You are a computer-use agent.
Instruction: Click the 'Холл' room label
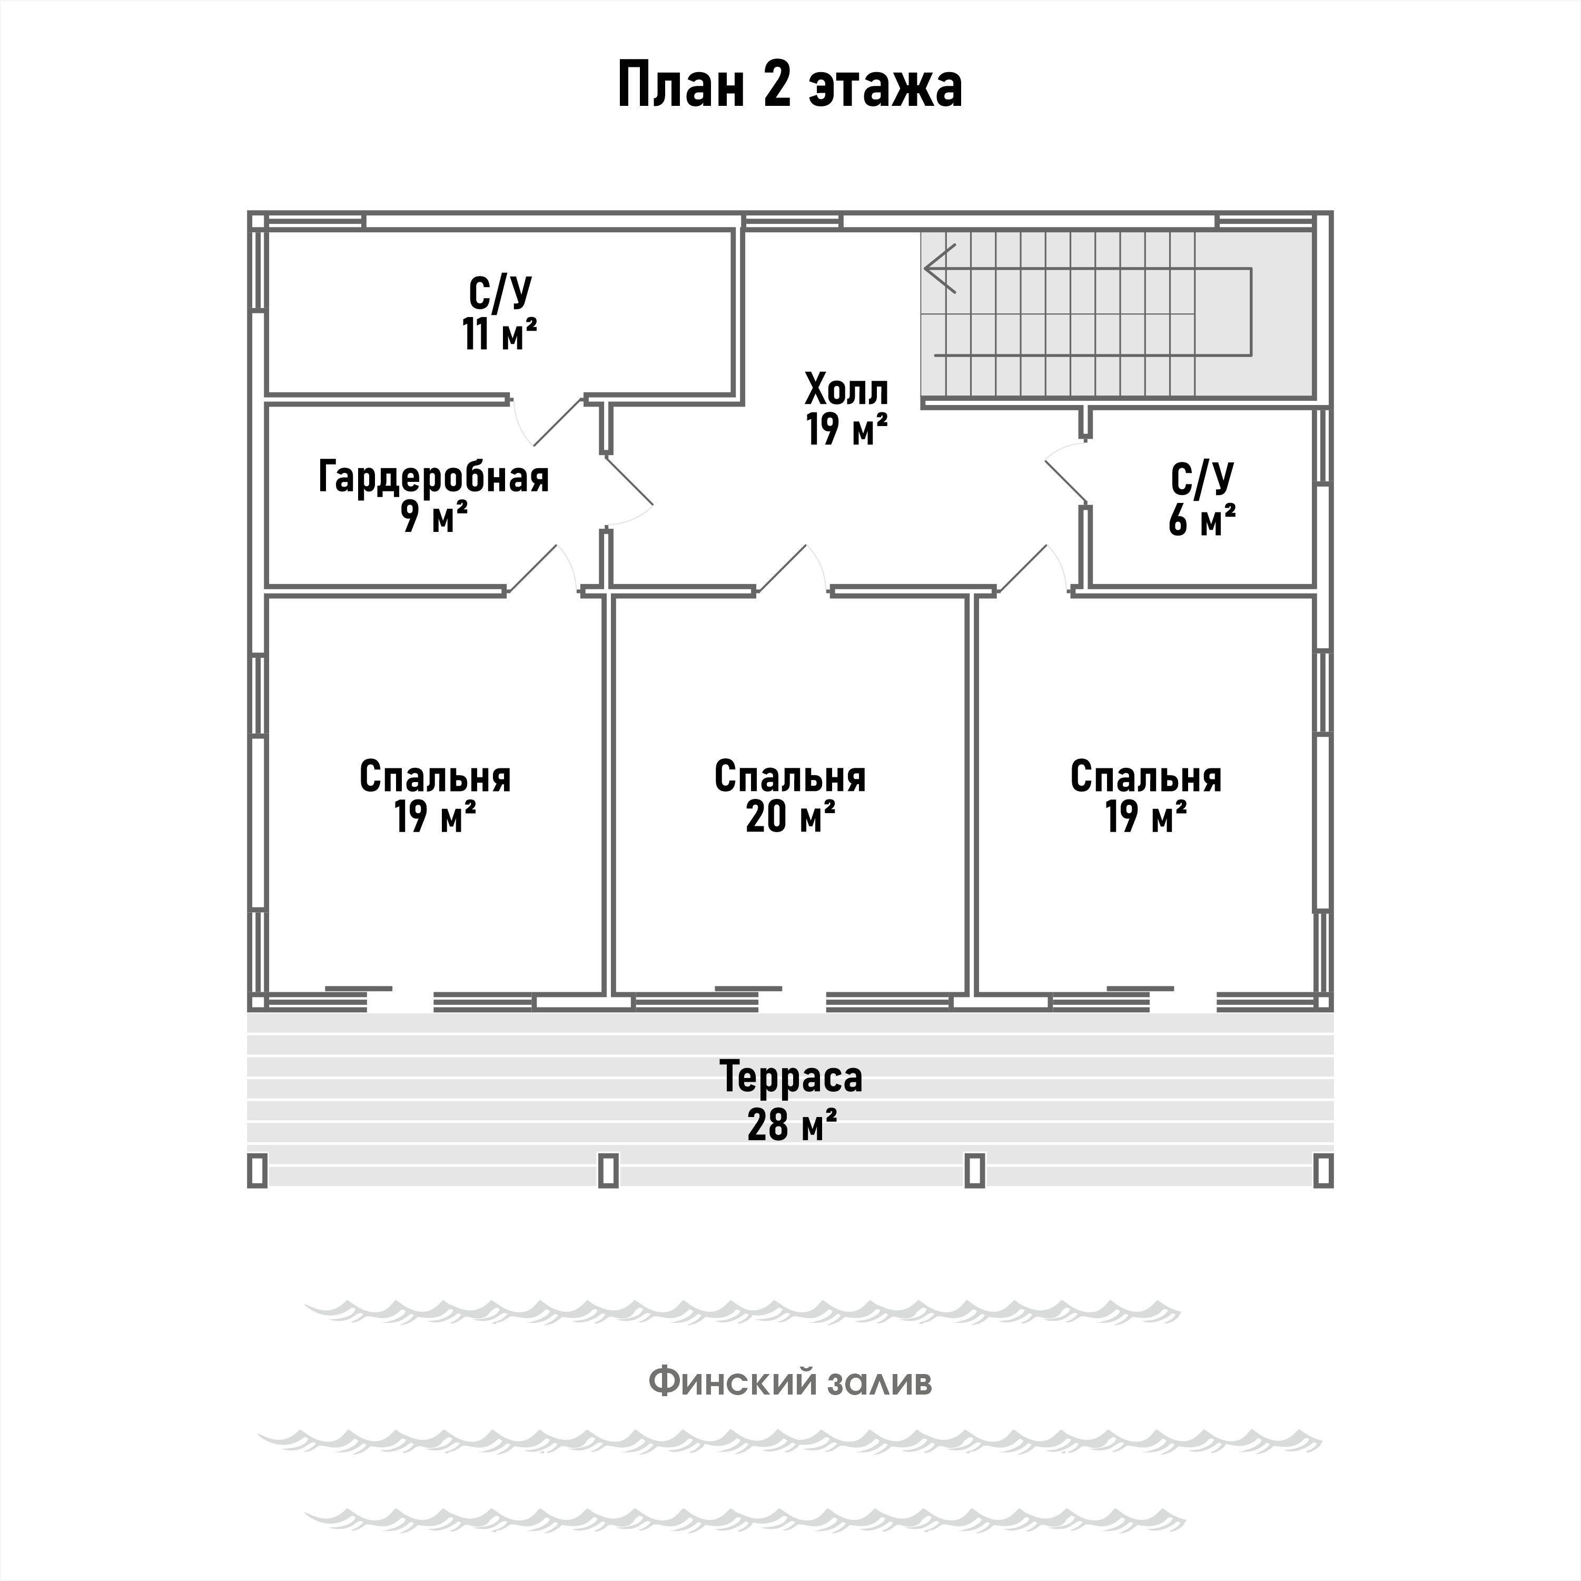846,390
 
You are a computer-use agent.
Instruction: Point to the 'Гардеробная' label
434,477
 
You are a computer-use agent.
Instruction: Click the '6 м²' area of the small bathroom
1201,520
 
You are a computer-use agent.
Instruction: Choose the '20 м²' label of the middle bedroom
789,816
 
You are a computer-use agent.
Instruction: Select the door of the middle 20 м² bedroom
782,569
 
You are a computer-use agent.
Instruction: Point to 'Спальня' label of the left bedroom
434,777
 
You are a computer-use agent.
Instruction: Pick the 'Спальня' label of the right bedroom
1145,777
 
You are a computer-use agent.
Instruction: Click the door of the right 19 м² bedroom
1023,569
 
